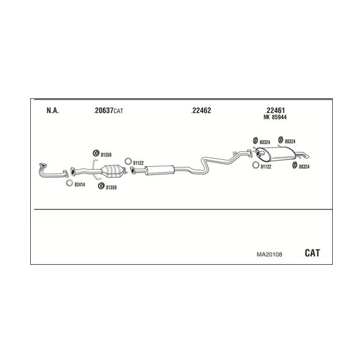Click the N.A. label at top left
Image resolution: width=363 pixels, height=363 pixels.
tap(52, 111)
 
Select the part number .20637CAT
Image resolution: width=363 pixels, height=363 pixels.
tap(108, 111)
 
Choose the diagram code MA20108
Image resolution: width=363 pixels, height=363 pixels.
tap(270, 254)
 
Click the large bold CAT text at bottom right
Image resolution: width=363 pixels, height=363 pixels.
tap(312, 253)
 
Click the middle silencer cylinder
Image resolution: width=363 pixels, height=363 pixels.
tap(159, 170)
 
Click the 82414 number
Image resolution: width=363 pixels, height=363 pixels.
tap(80, 185)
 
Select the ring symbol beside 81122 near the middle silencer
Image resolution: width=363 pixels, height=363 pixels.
tap(128, 162)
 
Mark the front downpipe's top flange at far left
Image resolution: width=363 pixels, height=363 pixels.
tap(43, 165)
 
